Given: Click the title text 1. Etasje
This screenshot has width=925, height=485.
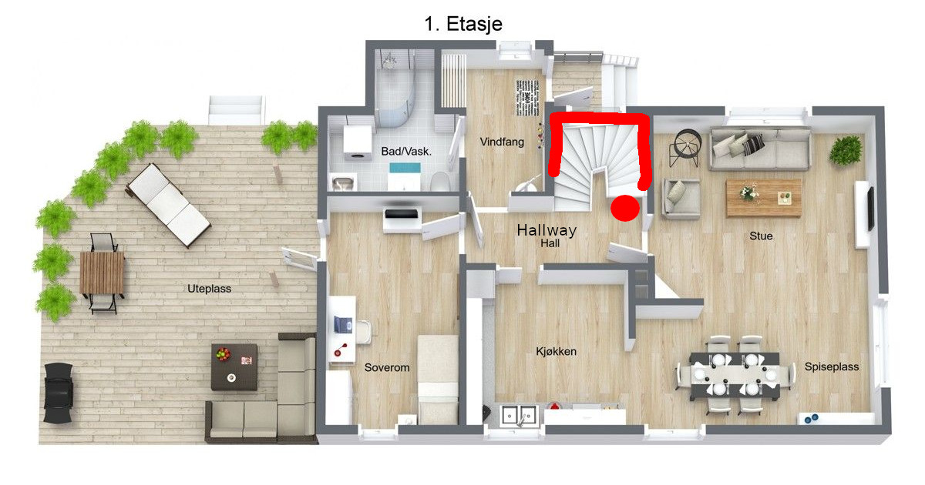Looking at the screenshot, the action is (463, 24).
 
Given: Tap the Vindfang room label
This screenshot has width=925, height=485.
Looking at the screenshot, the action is (502, 142).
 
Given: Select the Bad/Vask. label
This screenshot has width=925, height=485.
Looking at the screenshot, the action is (406, 152).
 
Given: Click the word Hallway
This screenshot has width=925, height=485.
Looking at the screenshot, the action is (547, 230).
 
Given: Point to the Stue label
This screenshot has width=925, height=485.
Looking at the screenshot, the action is (761, 236).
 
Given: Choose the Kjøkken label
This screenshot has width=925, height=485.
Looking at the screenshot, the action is (557, 351).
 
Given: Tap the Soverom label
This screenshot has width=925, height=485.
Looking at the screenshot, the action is (387, 367).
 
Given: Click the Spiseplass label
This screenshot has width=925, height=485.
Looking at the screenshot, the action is (832, 366).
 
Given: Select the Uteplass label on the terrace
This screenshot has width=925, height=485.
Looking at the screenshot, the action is (210, 289).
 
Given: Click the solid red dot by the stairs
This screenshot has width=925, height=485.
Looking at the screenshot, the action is (625, 208).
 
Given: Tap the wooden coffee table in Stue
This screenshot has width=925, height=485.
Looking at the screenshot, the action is (764, 198).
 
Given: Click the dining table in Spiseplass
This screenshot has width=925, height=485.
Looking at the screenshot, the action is (735, 376).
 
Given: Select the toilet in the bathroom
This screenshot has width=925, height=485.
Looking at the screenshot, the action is (440, 182).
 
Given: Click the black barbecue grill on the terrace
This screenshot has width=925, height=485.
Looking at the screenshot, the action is (59, 393).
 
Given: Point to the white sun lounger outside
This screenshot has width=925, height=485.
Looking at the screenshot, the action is (169, 205).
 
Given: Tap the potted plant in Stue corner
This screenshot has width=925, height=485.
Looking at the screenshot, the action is (846, 150).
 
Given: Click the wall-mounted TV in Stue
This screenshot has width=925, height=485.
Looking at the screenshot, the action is (870, 209).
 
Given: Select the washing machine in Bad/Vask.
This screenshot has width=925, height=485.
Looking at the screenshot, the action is (358, 142).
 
